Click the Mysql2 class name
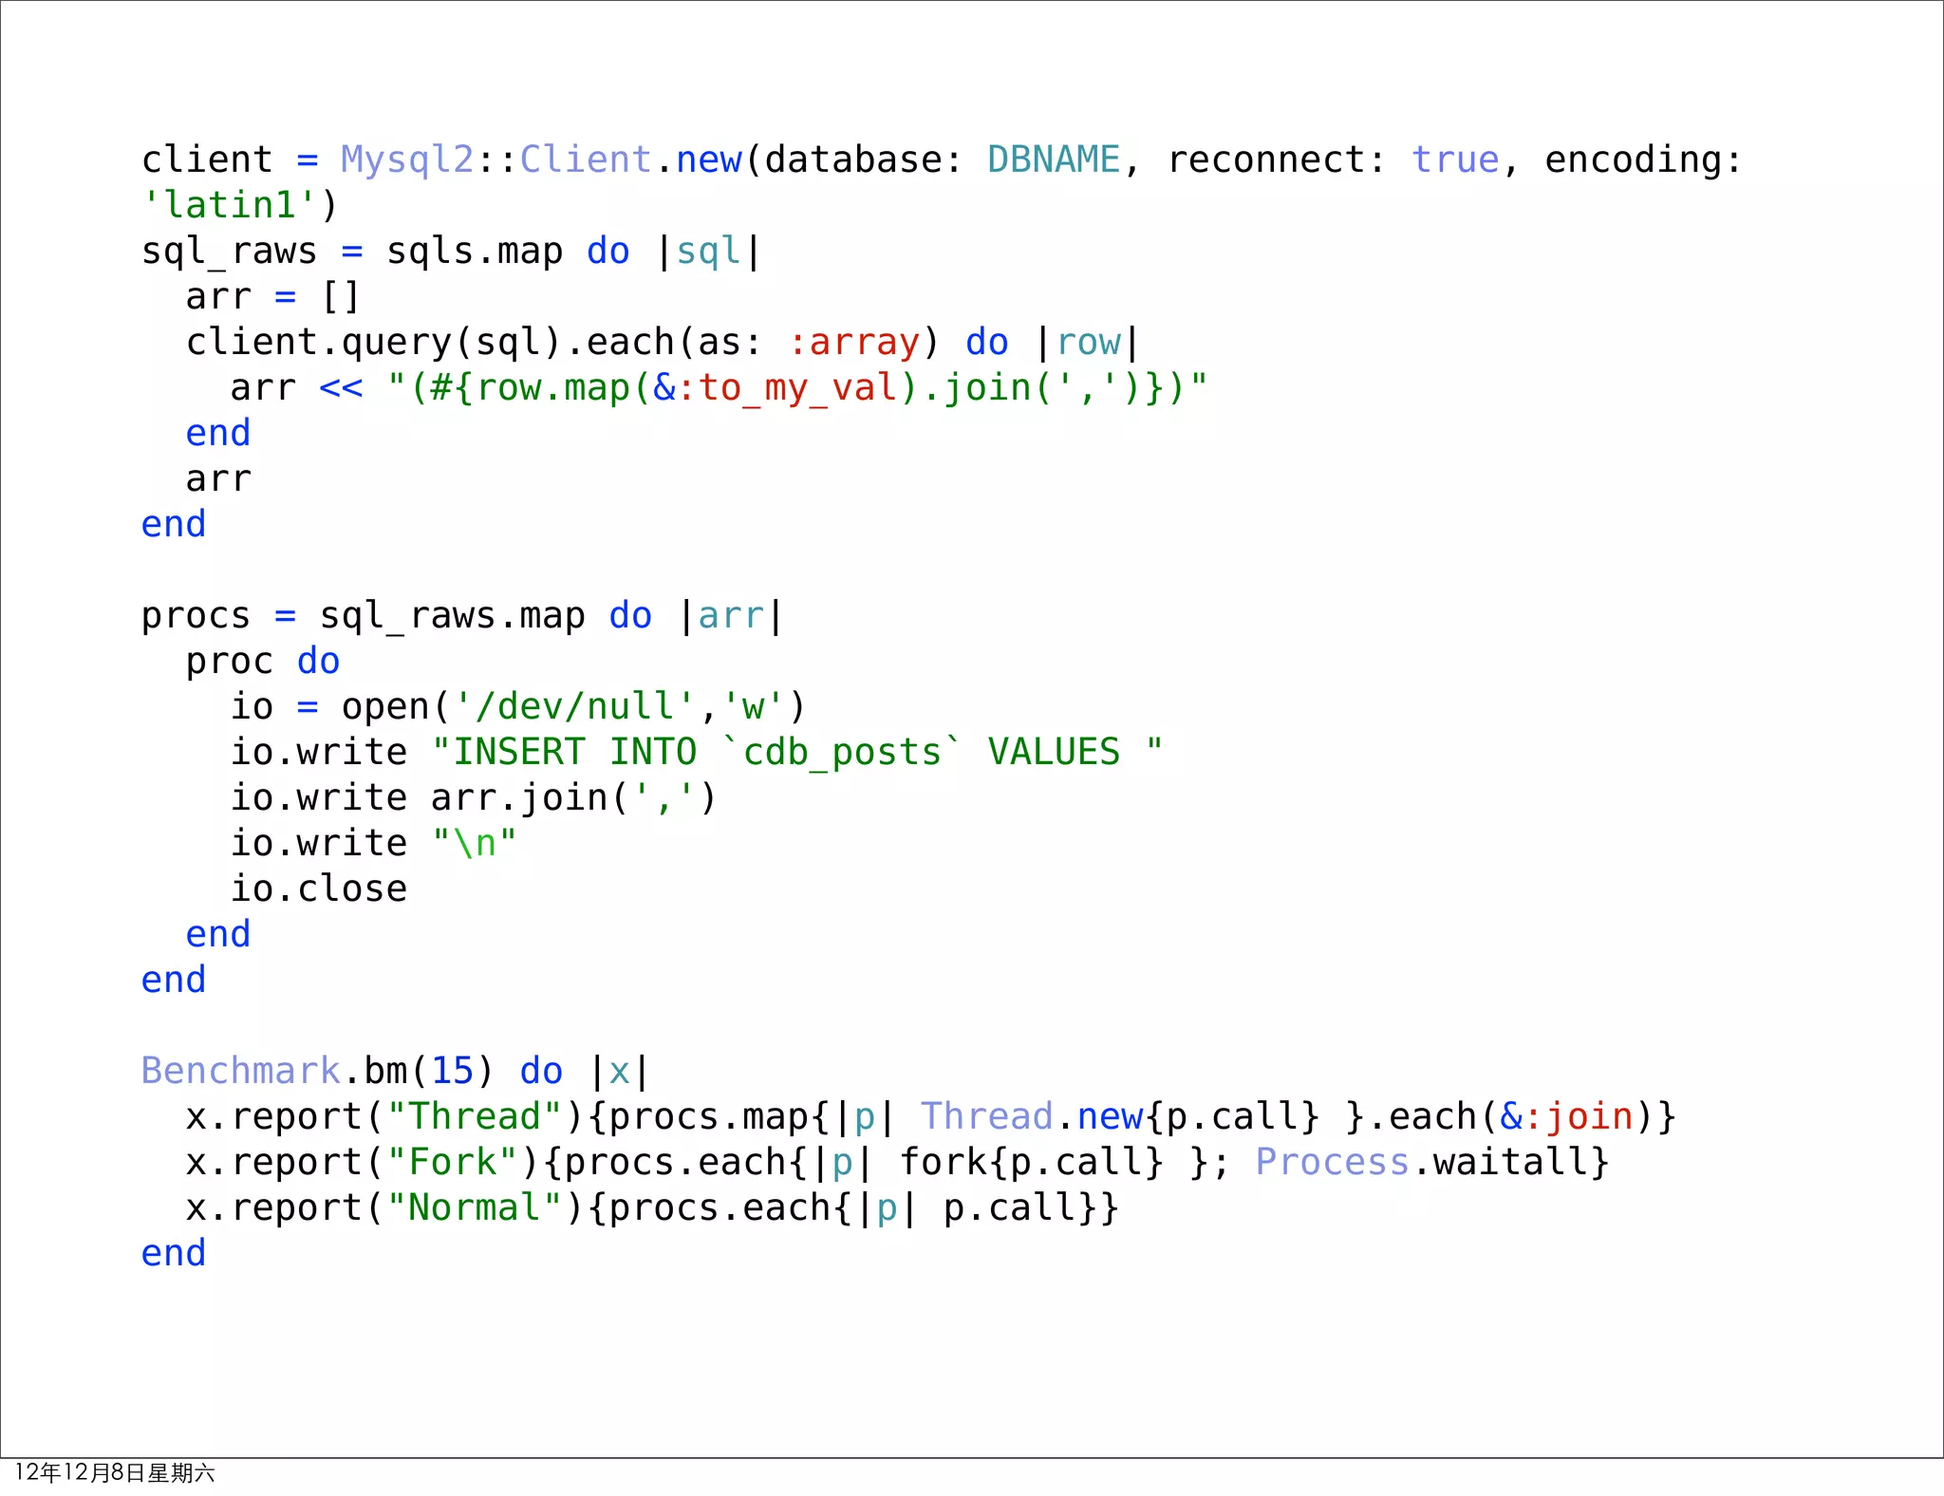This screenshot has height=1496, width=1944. click(406, 159)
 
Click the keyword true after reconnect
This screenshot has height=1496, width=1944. click(1454, 159)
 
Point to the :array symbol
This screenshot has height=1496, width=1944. click(854, 342)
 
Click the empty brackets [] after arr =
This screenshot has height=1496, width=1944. click(341, 296)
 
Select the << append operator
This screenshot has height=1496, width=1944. click(341, 387)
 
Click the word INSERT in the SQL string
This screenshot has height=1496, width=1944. click(518, 752)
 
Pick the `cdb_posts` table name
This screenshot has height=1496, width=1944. click(841, 752)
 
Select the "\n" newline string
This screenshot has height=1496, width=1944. click(475, 843)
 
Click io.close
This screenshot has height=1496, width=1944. click(319, 888)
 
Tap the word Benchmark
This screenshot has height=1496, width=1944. click(240, 1071)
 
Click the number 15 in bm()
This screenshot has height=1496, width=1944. click(452, 1071)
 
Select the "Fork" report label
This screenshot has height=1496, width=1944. click(452, 1162)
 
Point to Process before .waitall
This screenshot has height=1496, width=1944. click(1332, 1162)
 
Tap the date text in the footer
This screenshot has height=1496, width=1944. click(115, 1472)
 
